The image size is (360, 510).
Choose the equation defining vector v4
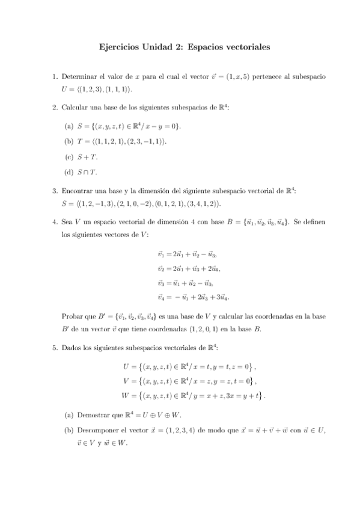point(193,297)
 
